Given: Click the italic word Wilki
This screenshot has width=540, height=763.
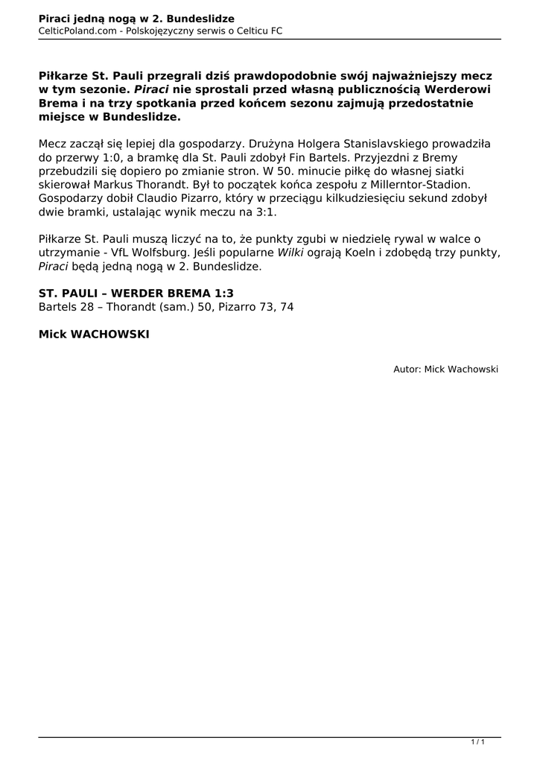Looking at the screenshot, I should (290, 252).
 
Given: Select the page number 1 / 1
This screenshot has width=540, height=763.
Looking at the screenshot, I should (478, 741).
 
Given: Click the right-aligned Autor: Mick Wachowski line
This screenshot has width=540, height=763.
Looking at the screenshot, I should (445, 369).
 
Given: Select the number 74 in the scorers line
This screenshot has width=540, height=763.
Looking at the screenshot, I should (286, 307).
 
